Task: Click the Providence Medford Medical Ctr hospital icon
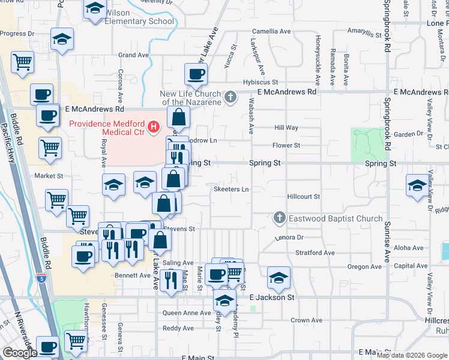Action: [x=153, y=126]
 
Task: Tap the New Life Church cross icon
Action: [x=230, y=97]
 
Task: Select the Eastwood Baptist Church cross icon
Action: [x=279, y=218]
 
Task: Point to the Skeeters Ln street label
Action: [x=231, y=190]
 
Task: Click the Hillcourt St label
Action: [x=303, y=196]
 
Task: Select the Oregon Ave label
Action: [x=363, y=266]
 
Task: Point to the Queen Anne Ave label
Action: [x=187, y=313]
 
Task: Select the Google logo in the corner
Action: [x=19, y=353]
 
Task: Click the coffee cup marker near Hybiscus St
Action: [x=195, y=75]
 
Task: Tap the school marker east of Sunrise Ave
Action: [x=417, y=186]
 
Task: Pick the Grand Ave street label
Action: [x=133, y=55]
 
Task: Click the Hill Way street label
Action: [x=286, y=128]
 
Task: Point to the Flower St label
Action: [x=286, y=145]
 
